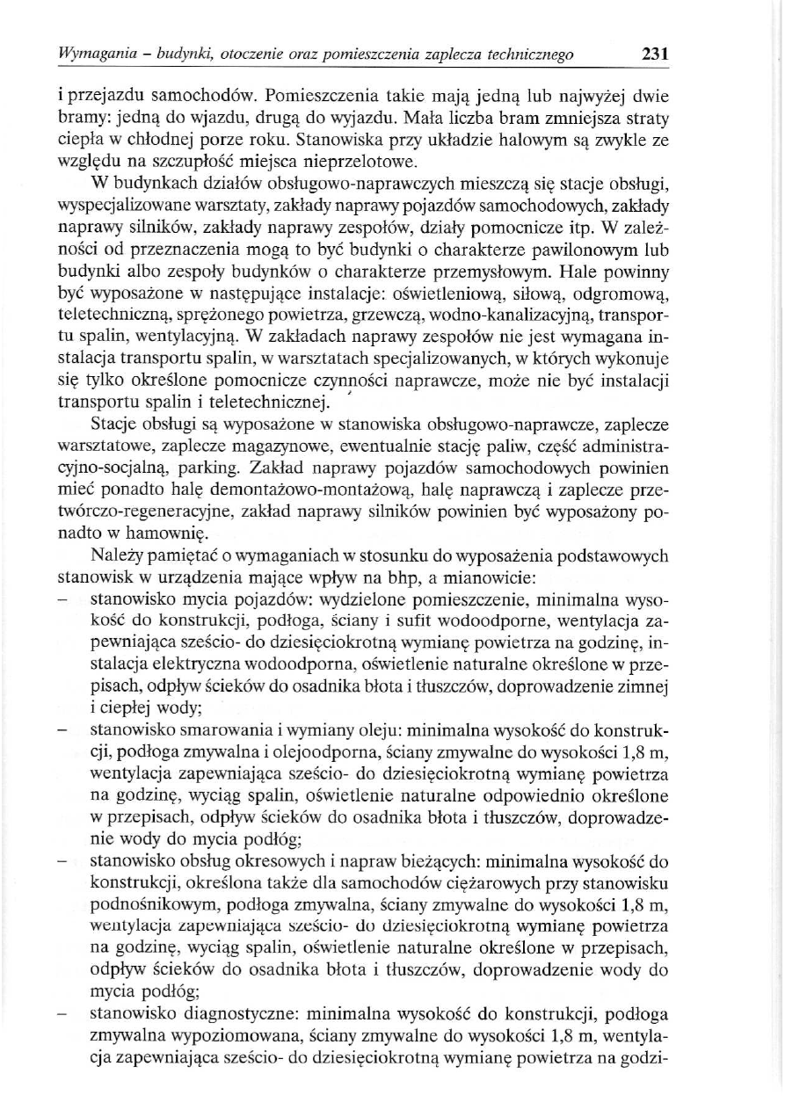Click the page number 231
coord(656,54)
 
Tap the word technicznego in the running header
coord(531,54)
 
